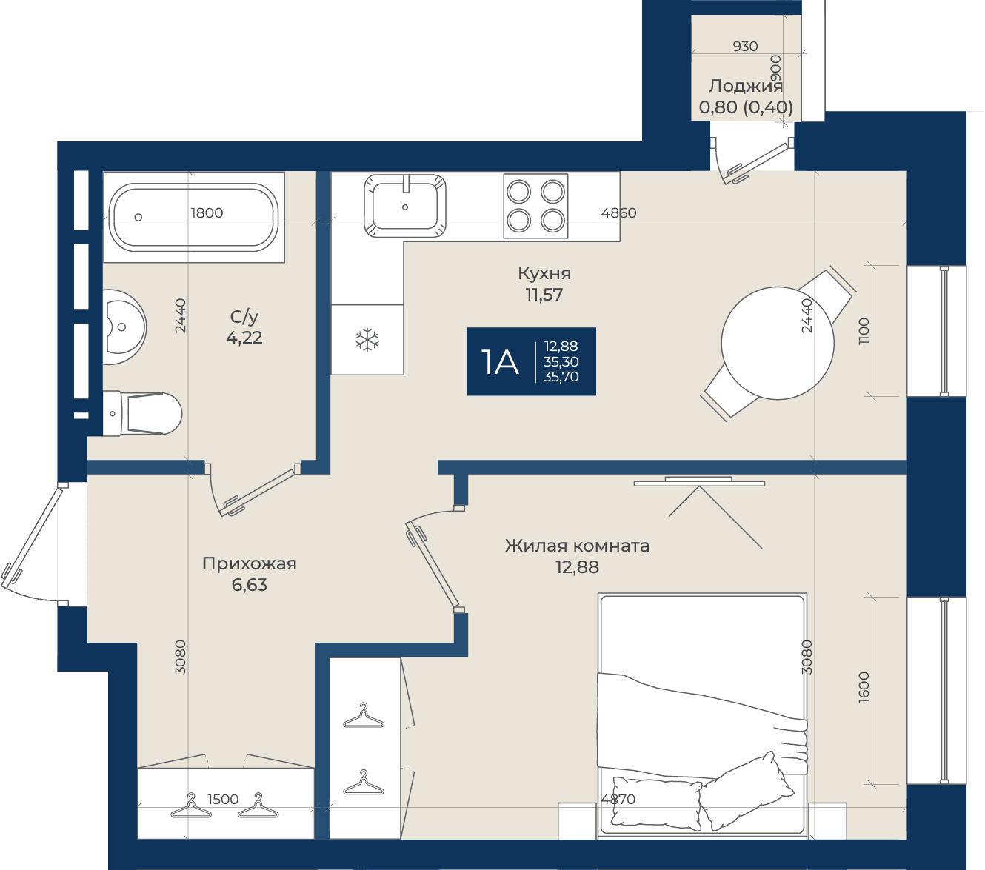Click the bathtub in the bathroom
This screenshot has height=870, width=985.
(193, 217)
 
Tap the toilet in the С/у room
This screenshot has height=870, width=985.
(142, 414)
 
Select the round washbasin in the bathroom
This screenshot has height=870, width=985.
(124, 327)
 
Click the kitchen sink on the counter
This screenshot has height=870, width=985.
(405, 206)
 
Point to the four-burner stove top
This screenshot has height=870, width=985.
(535, 206)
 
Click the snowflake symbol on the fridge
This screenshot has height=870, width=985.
(367, 339)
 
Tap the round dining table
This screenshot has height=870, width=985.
(778, 343)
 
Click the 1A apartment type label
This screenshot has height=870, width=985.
(500, 362)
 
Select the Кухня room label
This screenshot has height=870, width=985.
(544, 273)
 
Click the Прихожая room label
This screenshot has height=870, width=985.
(250, 563)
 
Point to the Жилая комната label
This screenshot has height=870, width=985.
(577, 546)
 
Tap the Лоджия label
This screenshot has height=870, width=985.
(745, 86)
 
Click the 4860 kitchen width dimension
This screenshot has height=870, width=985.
(618, 213)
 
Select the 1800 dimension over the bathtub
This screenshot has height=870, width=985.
(207, 213)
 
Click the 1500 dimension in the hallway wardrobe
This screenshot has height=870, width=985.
(223, 800)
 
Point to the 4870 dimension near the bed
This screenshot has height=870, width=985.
(618, 800)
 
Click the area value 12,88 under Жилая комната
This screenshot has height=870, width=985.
(577, 567)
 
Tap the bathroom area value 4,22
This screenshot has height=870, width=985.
(244, 338)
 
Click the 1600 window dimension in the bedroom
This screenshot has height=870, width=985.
(864, 687)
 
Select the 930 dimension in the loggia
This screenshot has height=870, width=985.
(745, 46)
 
